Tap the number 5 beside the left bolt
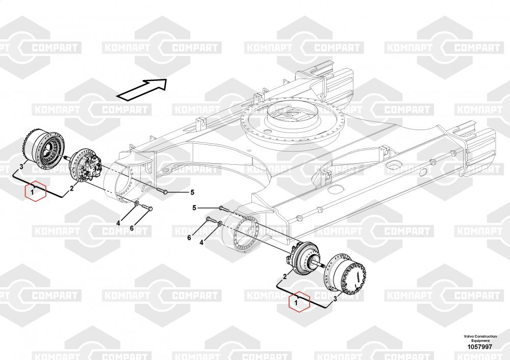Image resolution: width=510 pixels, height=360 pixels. coord(192,192)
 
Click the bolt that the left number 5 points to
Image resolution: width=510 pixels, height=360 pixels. coord(166,191)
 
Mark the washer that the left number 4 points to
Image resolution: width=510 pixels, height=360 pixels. coord(137,204)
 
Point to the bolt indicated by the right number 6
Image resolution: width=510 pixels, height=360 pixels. coord(209,220)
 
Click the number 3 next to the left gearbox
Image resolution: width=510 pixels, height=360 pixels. coord(21,166)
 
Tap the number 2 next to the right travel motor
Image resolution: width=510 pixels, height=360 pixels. coord(285,277)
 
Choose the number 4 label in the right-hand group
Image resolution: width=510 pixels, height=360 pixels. coord(201,243)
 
